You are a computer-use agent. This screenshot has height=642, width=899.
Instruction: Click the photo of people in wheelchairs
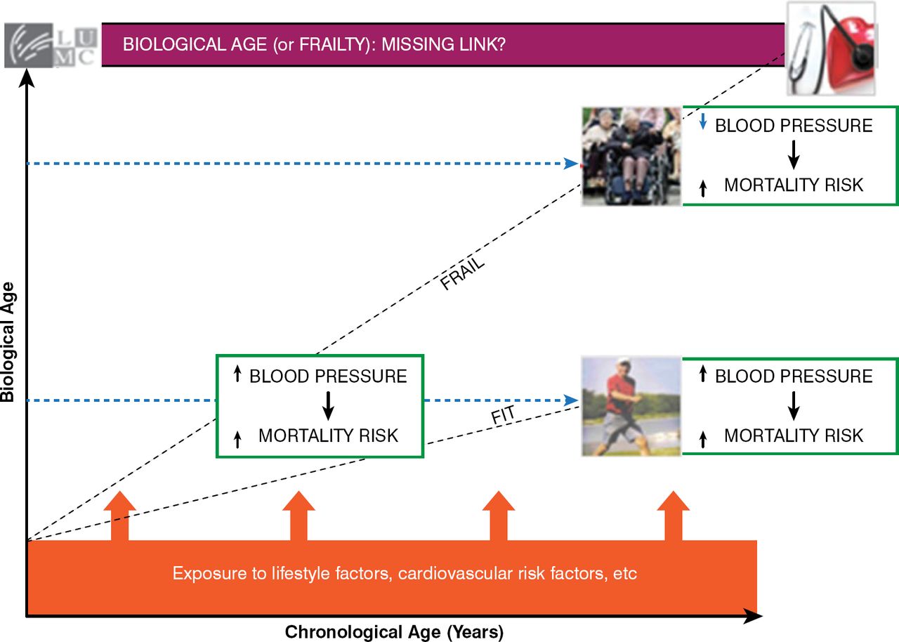coord(631,156)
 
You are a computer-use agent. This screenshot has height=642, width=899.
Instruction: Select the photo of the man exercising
coord(631,406)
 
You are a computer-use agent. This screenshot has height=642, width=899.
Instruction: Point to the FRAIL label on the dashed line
coord(463,275)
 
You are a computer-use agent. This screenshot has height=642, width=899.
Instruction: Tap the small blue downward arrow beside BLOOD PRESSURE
coord(703,124)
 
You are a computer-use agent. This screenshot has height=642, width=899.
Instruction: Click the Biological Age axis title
coord(8,343)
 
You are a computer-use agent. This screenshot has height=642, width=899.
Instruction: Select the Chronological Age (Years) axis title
coord(394,632)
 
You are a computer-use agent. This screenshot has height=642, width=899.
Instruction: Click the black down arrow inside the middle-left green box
coord(327,405)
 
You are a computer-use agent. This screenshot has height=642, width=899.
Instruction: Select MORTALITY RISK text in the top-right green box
coord(794,185)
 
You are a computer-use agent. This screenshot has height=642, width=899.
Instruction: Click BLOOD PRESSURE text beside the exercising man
coord(794,376)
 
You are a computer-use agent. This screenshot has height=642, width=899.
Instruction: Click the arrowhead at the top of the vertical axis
coord(27,76)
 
